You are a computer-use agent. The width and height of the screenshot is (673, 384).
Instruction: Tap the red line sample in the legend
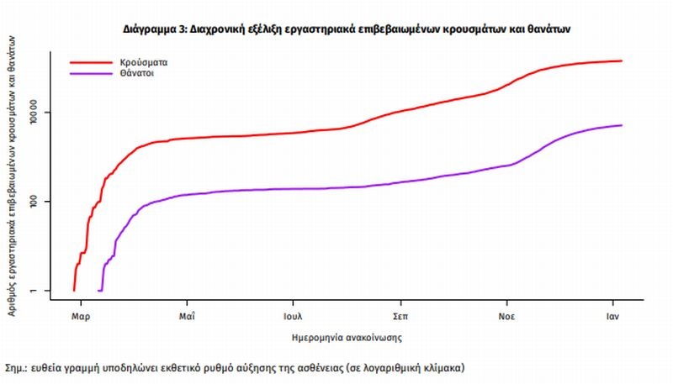click(90, 62)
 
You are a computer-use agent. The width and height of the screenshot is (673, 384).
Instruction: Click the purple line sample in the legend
click(90, 74)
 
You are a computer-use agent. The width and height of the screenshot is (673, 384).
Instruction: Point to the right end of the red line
click(622, 60)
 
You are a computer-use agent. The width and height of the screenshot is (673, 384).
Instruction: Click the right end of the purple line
click(622, 125)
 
